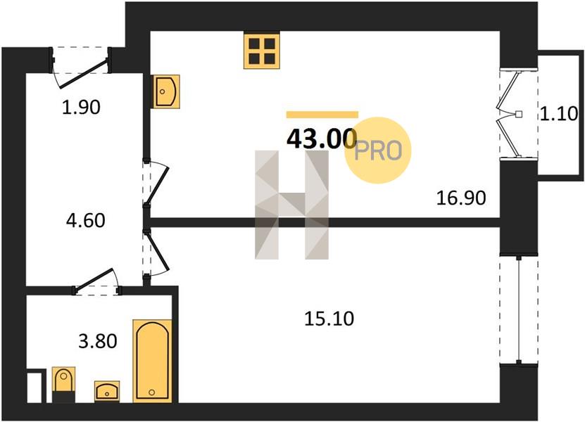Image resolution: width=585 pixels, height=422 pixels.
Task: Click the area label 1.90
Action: click(x=81, y=108)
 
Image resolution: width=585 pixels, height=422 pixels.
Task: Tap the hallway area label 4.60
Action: click(x=85, y=220)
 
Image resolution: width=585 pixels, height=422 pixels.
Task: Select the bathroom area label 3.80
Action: click(x=98, y=341)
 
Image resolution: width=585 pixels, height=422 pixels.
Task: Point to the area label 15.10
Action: click(x=329, y=319)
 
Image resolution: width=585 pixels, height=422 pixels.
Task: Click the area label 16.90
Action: click(x=461, y=198)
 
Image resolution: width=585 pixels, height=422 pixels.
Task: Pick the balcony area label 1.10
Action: click(x=559, y=114)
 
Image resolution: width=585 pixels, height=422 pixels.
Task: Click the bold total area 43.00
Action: click(x=322, y=139)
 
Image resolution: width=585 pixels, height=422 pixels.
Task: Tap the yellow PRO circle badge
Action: click(x=377, y=151)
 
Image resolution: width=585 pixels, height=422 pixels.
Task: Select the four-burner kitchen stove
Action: click(x=262, y=51)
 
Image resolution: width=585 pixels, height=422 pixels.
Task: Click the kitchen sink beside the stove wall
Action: click(x=165, y=91)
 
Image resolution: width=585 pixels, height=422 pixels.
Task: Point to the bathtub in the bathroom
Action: click(x=152, y=361)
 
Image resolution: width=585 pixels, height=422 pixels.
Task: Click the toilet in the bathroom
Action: click(x=63, y=384)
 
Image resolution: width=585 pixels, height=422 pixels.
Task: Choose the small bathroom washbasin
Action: click(x=107, y=391)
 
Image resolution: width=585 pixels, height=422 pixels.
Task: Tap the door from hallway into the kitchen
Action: click(x=156, y=183)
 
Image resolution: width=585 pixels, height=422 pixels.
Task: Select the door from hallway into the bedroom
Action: click(x=156, y=252)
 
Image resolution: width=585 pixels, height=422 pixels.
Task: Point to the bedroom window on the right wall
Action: click(x=519, y=309)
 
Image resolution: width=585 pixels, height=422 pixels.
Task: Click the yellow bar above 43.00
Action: click(x=322, y=115)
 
